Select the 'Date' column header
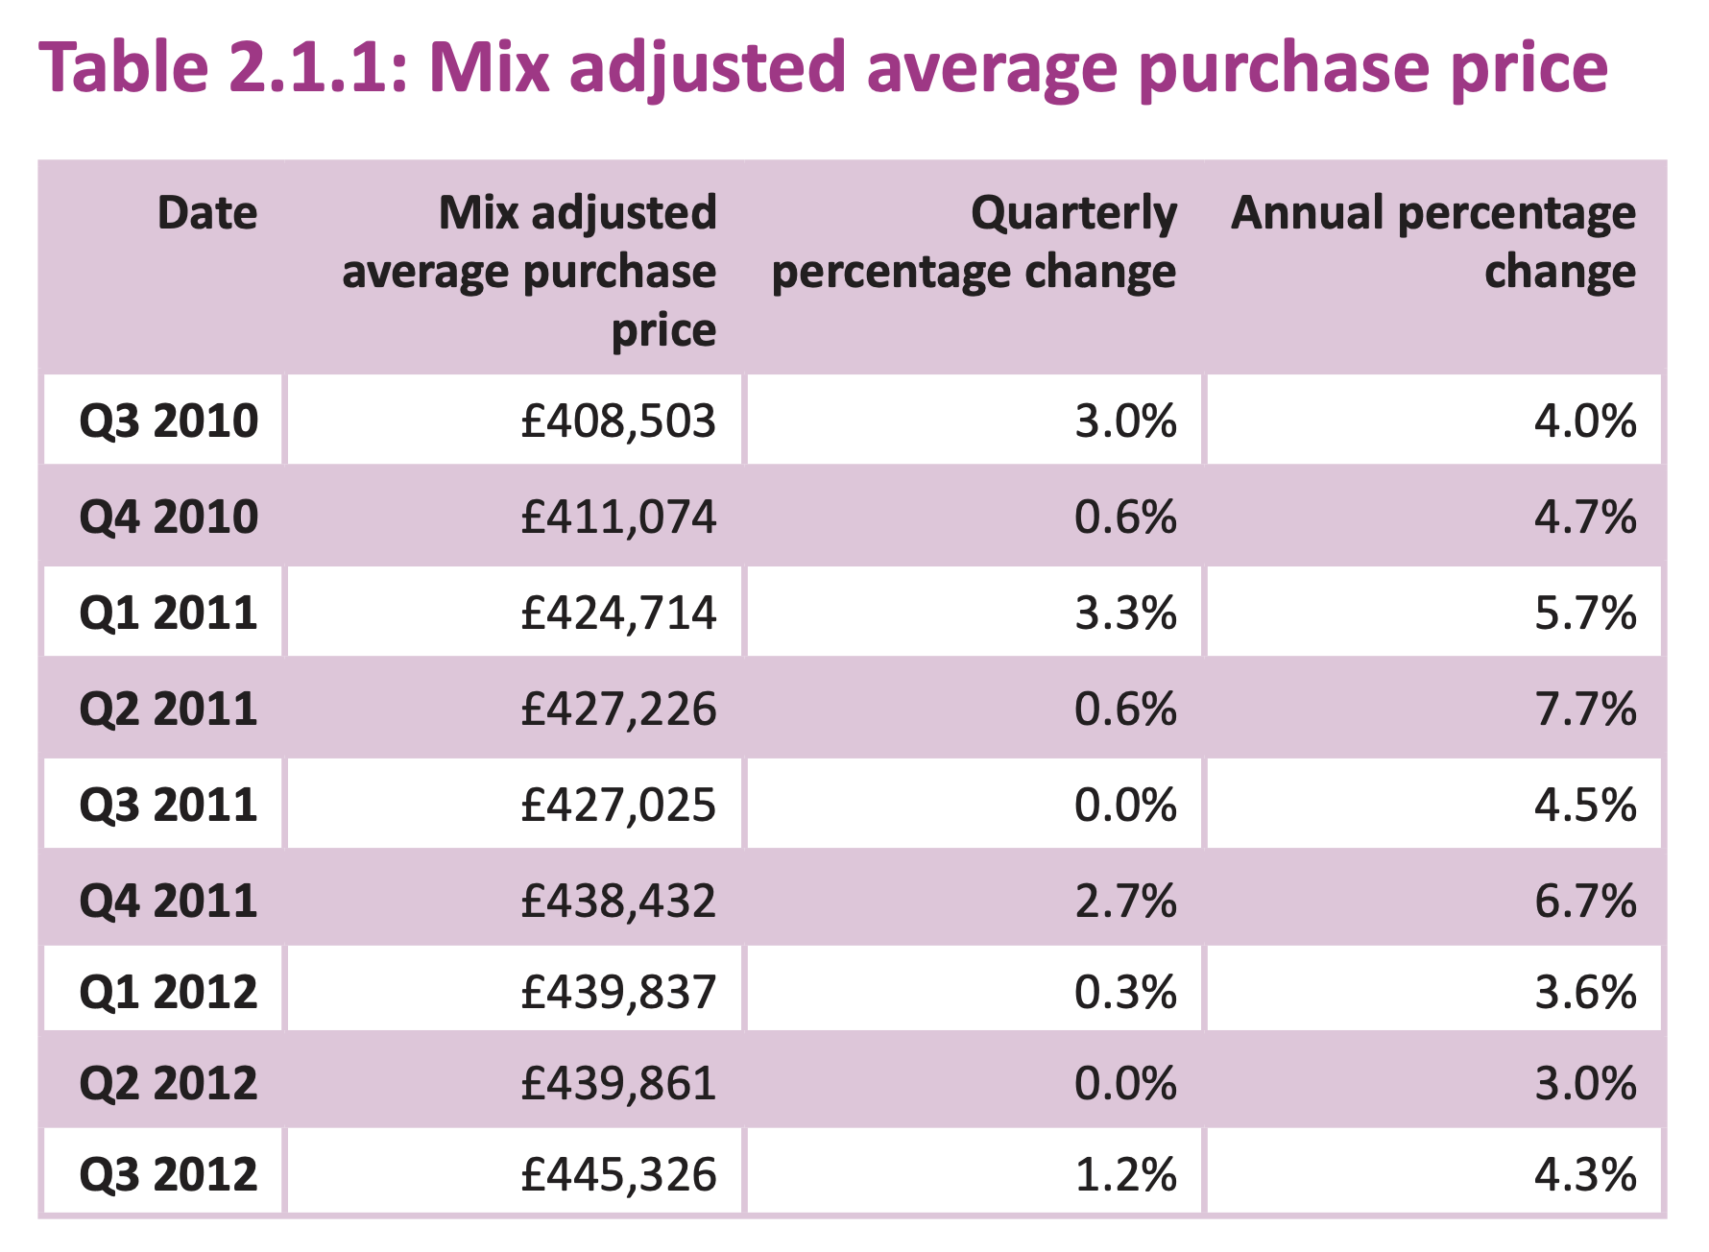(207, 212)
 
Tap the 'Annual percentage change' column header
(1433, 242)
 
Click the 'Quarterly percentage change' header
(975, 242)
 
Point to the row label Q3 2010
(169, 421)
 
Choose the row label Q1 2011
(169, 613)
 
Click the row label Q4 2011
(169, 901)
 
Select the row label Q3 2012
(169, 1174)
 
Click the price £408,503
(618, 421)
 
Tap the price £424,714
(618, 613)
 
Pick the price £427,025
(618, 805)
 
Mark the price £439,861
(618, 1083)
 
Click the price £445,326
(618, 1174)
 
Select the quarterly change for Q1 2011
(1126, 613)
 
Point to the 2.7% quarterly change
(1126, 901)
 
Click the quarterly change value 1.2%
(1126, 1174)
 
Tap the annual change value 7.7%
(1586, 709)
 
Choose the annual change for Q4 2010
(1586, 517)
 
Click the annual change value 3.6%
(1586, 992)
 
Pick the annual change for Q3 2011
(1586, 805)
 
